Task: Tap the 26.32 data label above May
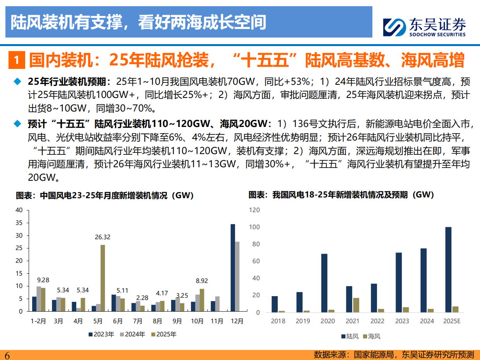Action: (x=102, y=237)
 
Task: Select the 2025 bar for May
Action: (x=103, y=278)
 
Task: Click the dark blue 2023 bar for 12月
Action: (x=233, y=267)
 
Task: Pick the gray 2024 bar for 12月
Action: (x=237, y=276)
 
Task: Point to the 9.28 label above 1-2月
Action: (x=43, y=280)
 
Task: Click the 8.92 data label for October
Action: (x=202, y=281)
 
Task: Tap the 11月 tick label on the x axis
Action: (x=217, y=321)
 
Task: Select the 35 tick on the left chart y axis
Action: (x=19, y=223)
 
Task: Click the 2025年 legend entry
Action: (x=163, y=334)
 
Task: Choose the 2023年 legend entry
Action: (x=101, y=334)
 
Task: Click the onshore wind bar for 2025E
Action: (x=448, y=269)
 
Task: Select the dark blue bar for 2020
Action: (x=324, y=283)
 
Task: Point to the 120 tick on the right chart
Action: (x=254, y=210)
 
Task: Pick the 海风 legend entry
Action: (x=372, y=336)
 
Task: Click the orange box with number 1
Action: (x=16, y=61)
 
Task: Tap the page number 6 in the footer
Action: (x=7, y=355)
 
